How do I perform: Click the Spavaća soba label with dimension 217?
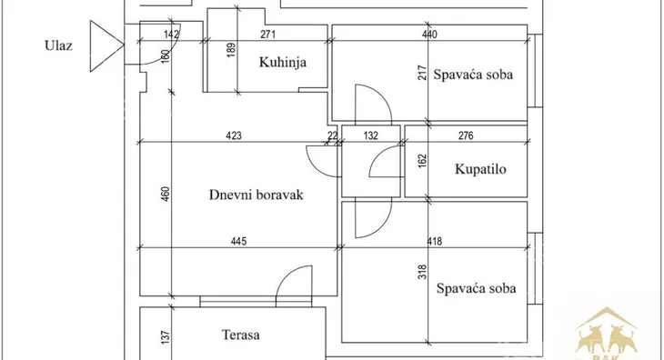point(474,75)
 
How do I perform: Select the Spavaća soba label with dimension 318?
point(477,289)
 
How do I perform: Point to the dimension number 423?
point(234,135)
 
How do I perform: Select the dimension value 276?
point(465,136)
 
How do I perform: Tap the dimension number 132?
point(369,136)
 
